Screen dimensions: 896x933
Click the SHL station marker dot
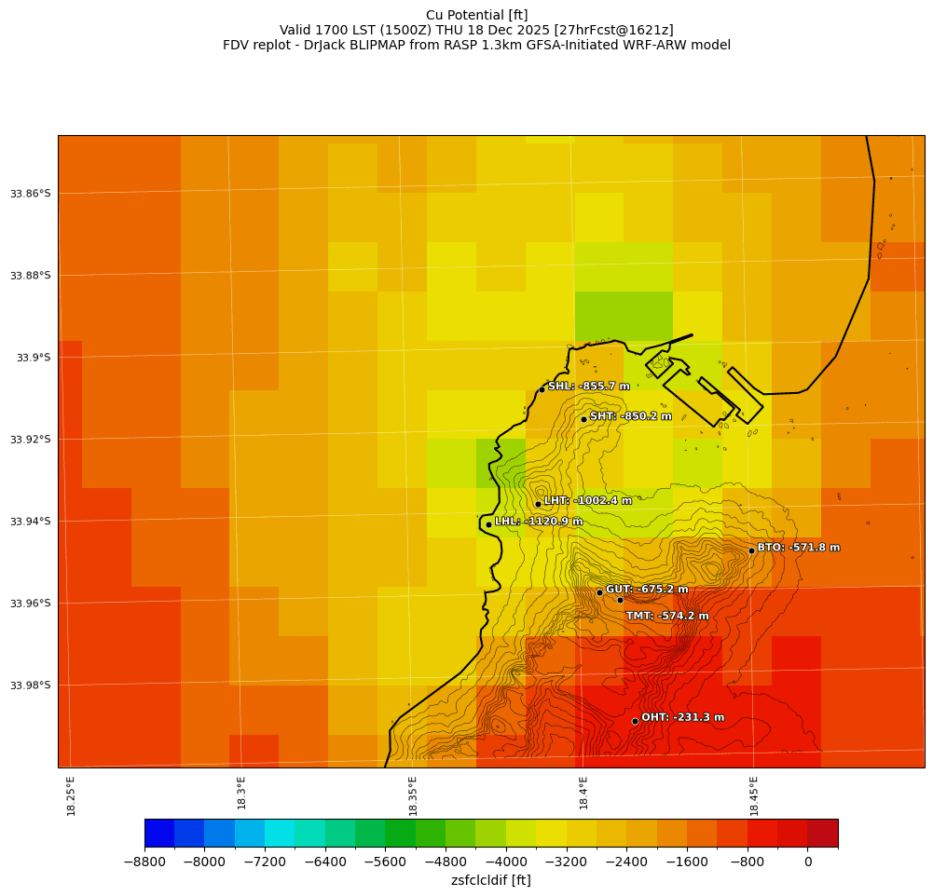click(542, 389)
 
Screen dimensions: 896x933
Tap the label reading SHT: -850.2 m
click(630, 416)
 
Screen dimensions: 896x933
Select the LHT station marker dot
click(538, 504)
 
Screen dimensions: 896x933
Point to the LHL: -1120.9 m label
click(538, 522)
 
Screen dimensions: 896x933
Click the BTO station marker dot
click(751, 550)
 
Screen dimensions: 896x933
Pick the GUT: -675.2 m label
click(647, 590)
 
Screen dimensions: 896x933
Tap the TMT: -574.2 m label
click(666, 616)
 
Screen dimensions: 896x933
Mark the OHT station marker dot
click(635, 721)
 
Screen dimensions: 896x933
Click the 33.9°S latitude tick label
click(34, 358)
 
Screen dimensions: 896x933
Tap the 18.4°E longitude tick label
click(583, 794)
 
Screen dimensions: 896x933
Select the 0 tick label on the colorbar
click(807, 862)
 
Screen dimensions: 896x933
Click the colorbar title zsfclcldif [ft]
click(490, 880)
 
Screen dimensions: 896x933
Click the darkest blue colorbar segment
click(159, 833)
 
